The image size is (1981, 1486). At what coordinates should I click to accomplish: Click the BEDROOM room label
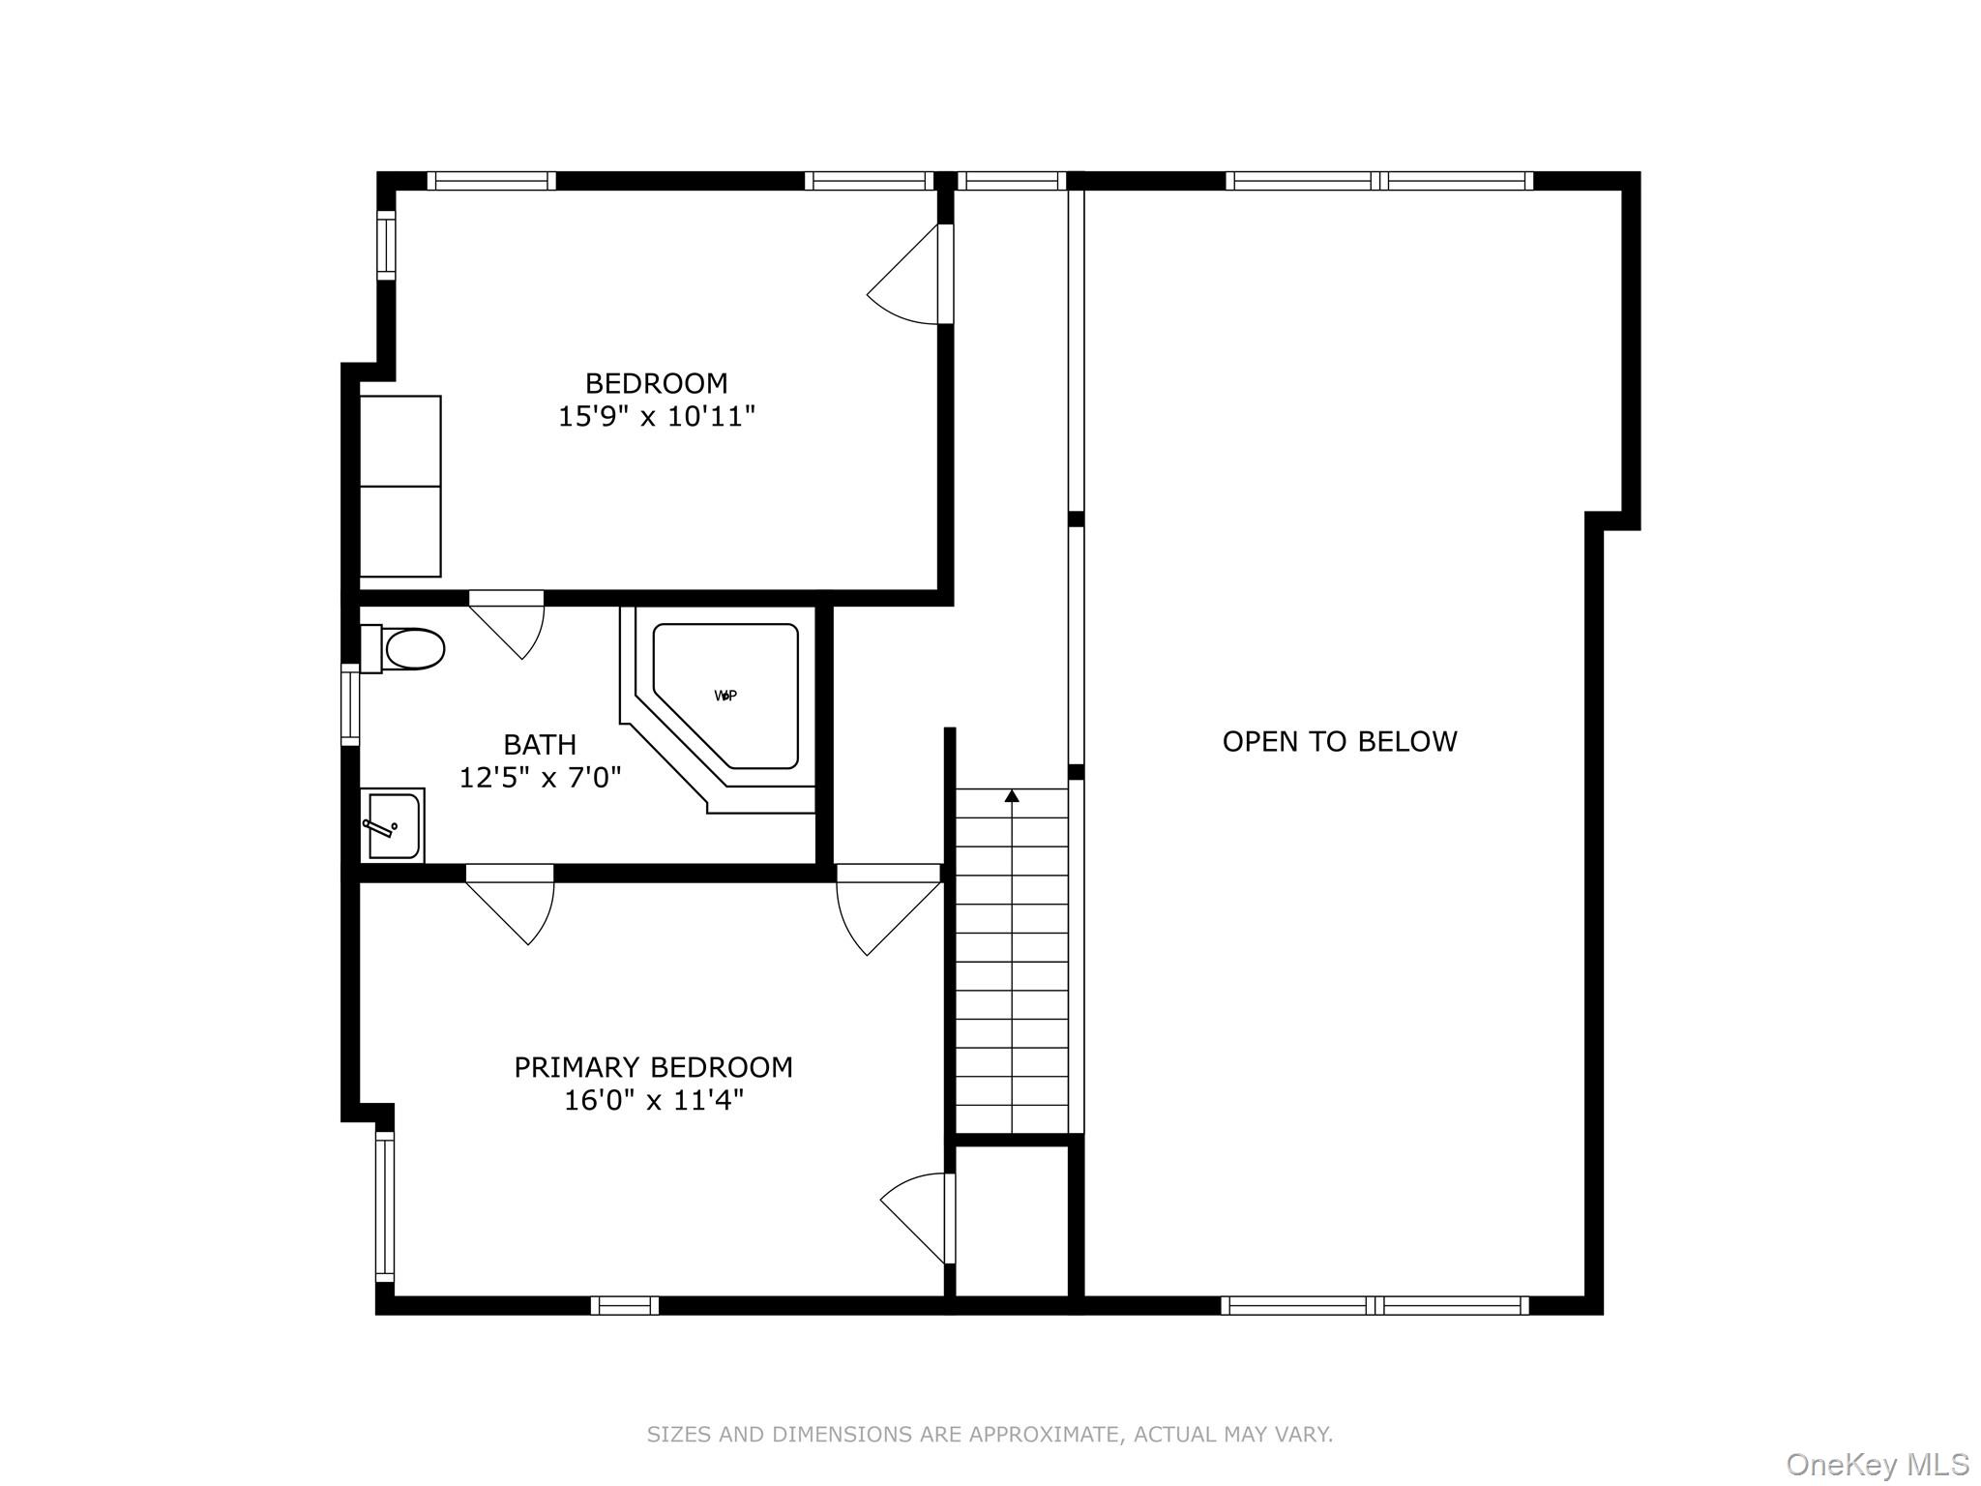656,383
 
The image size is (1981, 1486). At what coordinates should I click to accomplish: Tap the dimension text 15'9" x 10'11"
656,417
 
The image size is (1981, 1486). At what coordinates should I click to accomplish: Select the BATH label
540,745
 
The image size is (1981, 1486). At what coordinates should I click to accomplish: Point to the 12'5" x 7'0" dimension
540,778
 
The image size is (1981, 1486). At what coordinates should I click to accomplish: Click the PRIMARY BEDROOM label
653,1067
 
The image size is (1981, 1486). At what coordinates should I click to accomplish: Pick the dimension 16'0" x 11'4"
653,1101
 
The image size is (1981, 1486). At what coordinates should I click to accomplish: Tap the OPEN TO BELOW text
1339,742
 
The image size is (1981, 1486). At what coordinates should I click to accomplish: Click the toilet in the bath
406,648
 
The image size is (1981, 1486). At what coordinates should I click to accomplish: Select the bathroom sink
394,825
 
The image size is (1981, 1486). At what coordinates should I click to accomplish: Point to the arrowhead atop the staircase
1012,796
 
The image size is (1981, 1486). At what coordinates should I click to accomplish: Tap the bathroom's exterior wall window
350,704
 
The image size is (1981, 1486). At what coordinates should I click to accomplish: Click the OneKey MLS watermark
1877,1464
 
